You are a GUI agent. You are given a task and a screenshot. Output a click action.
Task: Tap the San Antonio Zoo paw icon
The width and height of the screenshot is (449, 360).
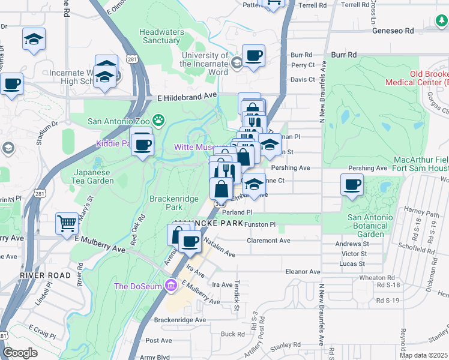pyautogui.click(x=158, y=121)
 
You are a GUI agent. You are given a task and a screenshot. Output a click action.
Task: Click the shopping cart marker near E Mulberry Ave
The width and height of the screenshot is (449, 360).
pyautogui.click(x=67, y=223)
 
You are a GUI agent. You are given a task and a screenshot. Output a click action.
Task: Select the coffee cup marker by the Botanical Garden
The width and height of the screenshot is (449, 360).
pyautogui.click(x=352, y=184)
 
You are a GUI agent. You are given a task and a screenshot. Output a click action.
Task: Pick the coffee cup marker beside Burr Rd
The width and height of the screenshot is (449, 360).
pyautogui.click(x=253, y=56)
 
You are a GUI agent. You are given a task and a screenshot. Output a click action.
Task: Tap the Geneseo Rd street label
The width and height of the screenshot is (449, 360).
pyautogui.click(x=393, y=30)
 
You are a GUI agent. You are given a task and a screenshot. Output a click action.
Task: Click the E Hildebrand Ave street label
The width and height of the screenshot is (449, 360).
pyautogui.click(x=186, y=95)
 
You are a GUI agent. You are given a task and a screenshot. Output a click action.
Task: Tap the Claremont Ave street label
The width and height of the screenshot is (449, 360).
pyautogui.click(x=268, y=241)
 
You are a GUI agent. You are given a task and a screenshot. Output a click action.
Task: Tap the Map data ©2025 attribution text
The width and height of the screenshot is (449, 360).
pyautogui.click(x=423, y=355)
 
